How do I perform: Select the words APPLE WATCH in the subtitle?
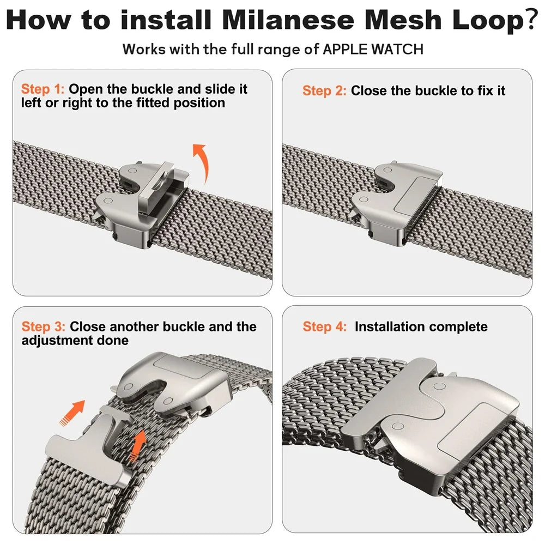373,49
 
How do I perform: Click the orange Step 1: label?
43,89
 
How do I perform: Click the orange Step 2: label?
324,91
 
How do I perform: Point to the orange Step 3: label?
44,327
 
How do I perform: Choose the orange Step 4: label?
324,327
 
